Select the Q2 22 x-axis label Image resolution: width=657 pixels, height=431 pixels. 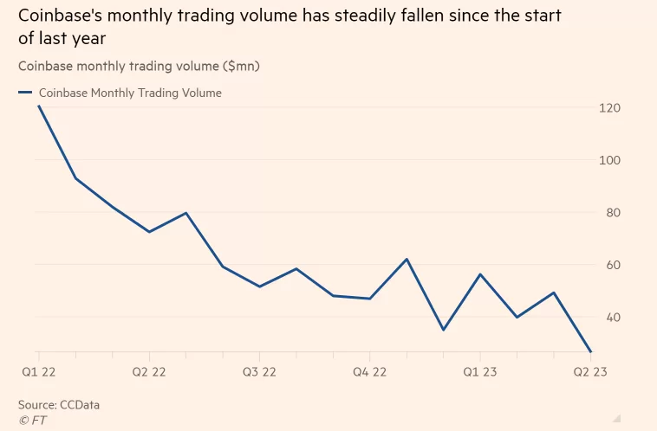149,371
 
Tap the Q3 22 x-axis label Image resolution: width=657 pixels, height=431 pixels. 259,371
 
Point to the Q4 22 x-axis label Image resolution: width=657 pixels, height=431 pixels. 370,371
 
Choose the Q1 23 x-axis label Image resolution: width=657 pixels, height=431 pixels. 480,371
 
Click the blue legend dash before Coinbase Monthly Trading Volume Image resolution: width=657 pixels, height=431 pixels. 25,93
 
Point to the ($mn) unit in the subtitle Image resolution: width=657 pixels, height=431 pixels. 241,66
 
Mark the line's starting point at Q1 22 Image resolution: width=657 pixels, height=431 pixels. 39,106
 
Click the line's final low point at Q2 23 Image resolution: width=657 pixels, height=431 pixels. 590,351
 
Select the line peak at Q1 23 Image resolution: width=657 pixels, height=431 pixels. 480,274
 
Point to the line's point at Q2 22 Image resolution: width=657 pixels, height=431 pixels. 149,232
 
